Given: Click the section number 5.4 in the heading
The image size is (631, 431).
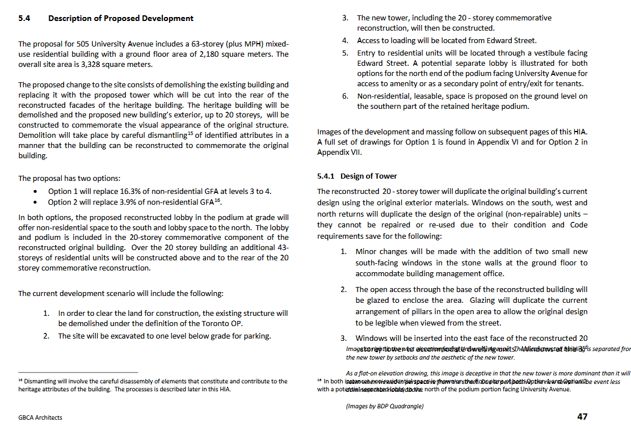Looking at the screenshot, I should (x=24, y=18).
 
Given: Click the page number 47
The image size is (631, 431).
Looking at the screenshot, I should (x=582, y=416).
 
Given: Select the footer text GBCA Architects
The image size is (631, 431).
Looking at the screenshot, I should (x=40, y=417).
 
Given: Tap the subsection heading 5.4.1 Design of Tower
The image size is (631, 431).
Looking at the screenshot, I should (x=357, y=176).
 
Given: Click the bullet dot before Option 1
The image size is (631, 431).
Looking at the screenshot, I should (x=36, y=192).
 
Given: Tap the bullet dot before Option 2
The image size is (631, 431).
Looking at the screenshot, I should (x=36, y=202).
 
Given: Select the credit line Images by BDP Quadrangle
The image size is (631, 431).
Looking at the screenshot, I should (x=385, y=406).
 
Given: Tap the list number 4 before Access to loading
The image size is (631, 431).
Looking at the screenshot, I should (x=345, y=41).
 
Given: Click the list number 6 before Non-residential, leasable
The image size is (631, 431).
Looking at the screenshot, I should (x=345, y=96).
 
